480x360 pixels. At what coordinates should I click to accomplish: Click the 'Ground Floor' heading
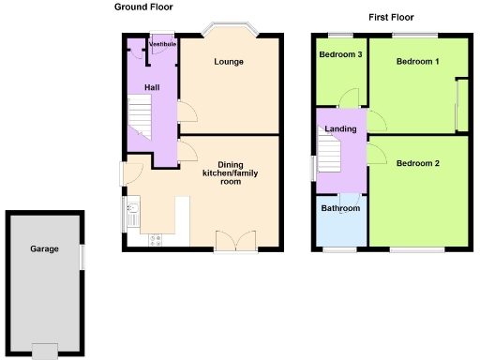(x=143, y=7)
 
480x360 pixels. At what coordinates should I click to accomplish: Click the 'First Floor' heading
(x=391, y=17)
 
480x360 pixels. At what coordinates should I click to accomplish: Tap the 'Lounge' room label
(x=228, y=62)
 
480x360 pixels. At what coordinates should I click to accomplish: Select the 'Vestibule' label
(x=162, y=43)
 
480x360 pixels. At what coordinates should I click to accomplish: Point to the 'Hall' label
(x=152, y=87)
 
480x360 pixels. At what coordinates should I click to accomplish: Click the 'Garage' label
(x=44, y=248)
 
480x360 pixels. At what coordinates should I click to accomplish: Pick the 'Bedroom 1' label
(x=417, y=62)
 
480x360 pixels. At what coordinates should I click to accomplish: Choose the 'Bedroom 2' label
(x=417, y=163)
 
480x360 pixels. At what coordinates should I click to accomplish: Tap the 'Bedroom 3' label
(x=340, y=54)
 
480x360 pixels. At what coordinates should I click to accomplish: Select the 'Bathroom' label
(x=339, y=208)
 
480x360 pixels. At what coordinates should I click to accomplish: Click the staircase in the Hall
(x=141, y=119)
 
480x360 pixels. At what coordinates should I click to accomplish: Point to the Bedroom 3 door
(x=350, y=97)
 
